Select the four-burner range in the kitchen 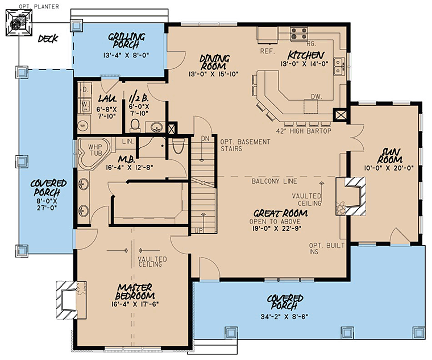click(298, 34)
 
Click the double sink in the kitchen click(338, 67)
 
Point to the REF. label click(268, 51)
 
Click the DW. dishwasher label click(317, 97)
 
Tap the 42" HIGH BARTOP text click(304, 131)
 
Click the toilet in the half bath click(135, 126)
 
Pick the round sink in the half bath click(156, 127)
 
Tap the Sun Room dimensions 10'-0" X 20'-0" click(389, 168)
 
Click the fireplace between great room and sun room click(351, 196)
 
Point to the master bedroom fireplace click(71, 300)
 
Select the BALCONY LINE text click(275, 181)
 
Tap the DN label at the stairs click(205, 139)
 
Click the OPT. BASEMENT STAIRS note click(245, 145)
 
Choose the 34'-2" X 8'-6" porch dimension click(284, 317)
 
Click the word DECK click(48, 39)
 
